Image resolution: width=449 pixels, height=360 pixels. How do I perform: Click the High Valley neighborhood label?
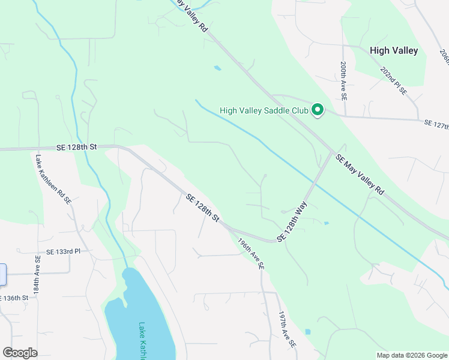[394, 51]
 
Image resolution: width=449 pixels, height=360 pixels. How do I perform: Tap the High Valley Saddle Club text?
[264, 110]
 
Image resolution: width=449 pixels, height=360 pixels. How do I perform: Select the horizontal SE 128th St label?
[77, 146]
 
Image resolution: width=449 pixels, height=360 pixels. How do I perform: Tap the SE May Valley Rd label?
[360, 173]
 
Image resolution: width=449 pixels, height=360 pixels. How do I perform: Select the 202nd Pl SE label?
[394, 82]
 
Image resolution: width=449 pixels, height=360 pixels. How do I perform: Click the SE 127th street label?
[436, 124]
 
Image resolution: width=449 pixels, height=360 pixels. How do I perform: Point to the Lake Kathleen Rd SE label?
[53, 181]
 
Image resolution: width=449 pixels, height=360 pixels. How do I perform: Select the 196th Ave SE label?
[251, 254]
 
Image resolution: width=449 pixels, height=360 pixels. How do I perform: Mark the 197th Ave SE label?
[287, 331]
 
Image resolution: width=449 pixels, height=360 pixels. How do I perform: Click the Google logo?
[20, 353]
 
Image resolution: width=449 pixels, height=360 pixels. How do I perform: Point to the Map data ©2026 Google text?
[412, 355]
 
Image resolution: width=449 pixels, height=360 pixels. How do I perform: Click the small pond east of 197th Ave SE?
[307, 331]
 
